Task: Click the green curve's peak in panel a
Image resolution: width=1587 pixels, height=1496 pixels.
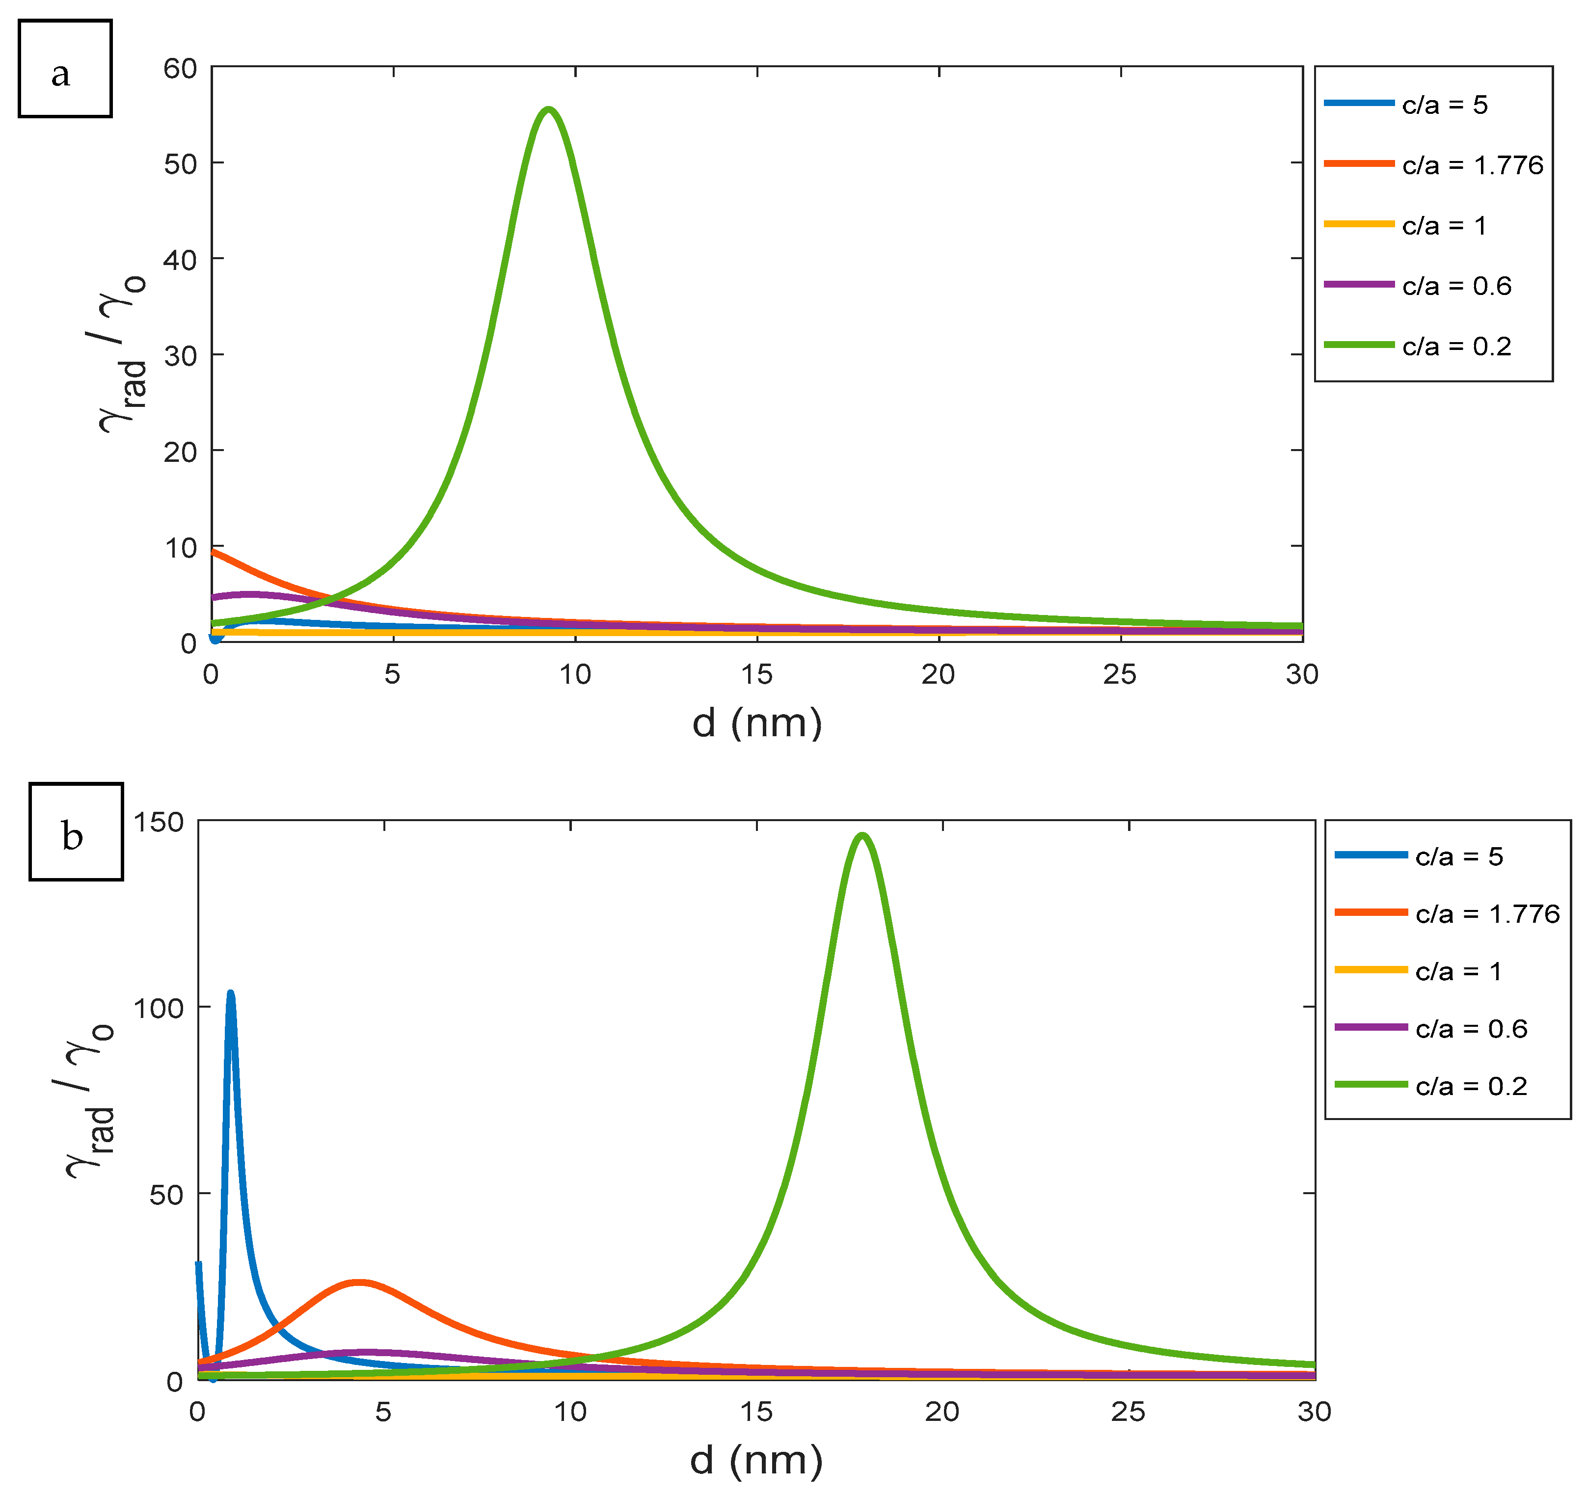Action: coord(548,110)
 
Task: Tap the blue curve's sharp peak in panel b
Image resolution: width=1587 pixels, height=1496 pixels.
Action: coord(231,994)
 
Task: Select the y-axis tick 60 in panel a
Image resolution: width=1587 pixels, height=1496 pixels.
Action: coord(181,69)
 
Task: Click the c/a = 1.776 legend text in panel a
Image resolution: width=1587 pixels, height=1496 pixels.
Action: coord(1472,165)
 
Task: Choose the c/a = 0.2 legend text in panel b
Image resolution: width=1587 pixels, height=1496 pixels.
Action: coord(1471,1086)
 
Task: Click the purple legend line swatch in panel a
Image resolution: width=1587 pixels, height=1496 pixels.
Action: coord(1359,284)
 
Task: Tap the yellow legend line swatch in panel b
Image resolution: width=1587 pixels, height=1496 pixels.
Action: coord(1371,970)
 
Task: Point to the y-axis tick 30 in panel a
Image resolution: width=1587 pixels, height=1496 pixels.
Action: coord(181,356)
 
